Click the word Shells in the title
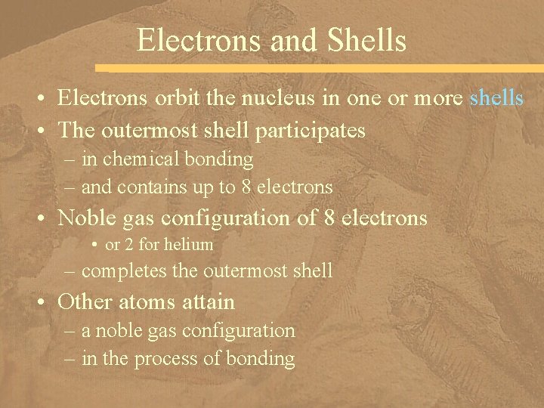pyautogui.click(x=369, y=40)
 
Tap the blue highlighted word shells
pyautogui.click(x=496, y=98)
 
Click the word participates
pyautogui.click(x=311, y=131)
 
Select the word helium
pyautogui.click(x=191, y=245)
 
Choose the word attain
pyautogui.click(x=208, y=302)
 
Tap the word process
pyautogui.click(x=170, y=358)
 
